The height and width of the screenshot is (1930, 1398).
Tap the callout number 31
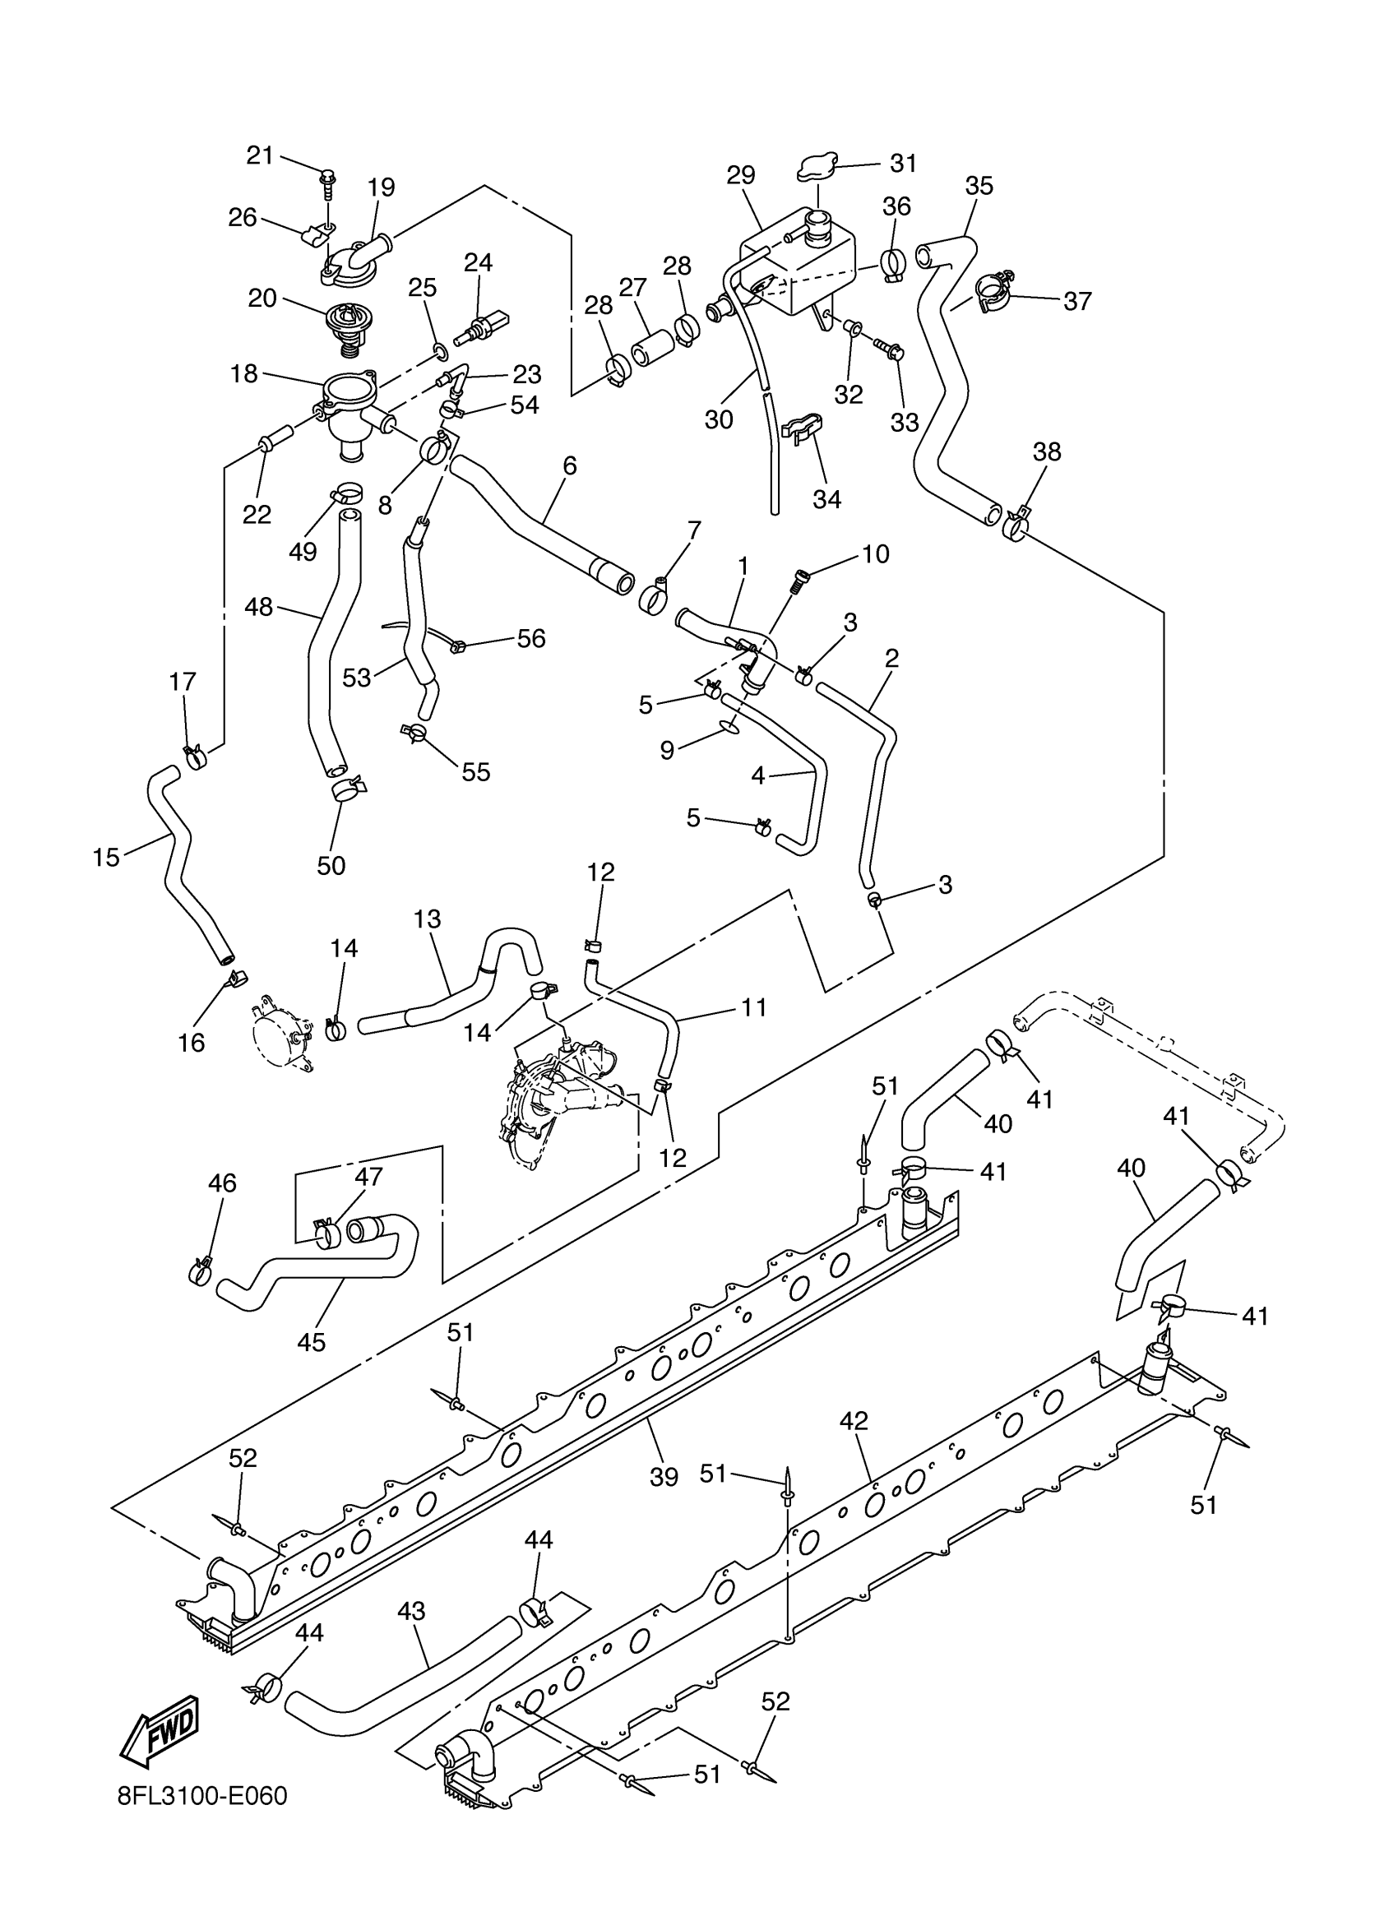point(904,163)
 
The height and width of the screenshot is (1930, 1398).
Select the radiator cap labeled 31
point(817,167)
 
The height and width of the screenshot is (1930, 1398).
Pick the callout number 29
point(741,175)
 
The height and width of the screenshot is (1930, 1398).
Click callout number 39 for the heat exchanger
point(664,1476)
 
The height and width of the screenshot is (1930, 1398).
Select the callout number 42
point(854,1420)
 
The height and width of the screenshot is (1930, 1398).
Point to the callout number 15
point(106,857)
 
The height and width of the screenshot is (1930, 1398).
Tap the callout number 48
point(259,607)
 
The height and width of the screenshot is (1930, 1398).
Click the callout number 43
point(411,1611)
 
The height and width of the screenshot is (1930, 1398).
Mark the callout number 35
point(979,186)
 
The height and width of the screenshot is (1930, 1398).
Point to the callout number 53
point(358,678)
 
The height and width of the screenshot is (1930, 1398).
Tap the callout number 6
point(569,465)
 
